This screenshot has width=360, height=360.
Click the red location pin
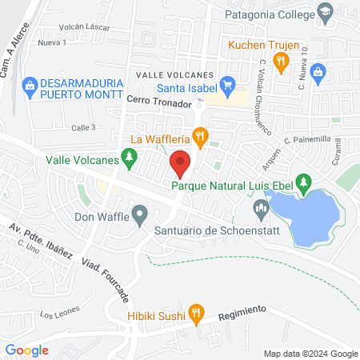(x=180, y=164)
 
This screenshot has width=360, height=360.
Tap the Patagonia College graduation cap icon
(x=325, y=11)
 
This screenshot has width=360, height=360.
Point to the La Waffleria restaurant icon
(x=200, y=135)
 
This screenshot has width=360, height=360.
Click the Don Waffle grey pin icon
(x=140, y=214)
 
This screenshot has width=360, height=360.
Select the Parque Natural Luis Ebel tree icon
(x=303, y=183)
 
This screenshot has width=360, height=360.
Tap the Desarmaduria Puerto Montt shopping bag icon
(x=30, y=83)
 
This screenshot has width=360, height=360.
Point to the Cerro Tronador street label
(x=160, y=104)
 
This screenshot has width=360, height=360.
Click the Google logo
(x=26, y=350)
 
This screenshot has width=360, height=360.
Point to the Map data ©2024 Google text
(x=311, y=354)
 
